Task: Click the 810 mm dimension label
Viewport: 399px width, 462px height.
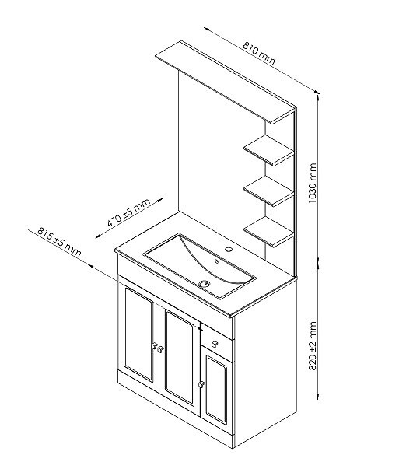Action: [259, 54]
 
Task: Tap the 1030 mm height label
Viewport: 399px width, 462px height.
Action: [312, 183]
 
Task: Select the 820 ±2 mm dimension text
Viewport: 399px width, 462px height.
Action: [312, 346]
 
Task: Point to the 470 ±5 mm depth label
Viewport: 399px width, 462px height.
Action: [128, 212]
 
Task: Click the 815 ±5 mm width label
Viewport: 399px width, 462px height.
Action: [59, 242]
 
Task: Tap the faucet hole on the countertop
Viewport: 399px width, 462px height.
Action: [229, 250]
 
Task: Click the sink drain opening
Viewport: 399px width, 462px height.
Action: [205, 284]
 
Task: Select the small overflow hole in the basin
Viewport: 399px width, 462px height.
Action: [216, 261]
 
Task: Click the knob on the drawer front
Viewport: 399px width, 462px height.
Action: [214, 344]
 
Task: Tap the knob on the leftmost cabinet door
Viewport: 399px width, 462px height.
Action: [154, 345]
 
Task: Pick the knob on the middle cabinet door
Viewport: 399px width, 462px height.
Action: [160, 349]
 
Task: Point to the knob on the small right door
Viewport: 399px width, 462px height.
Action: [201, 384]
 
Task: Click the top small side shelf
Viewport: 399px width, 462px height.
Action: [268, 150]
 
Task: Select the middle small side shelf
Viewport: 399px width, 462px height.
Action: [268, 191]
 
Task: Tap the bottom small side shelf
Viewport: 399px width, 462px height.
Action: [268, 232]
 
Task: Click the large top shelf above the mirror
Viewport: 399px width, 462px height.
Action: [226, 82]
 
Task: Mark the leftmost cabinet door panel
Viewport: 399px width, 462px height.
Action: [138, 334]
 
